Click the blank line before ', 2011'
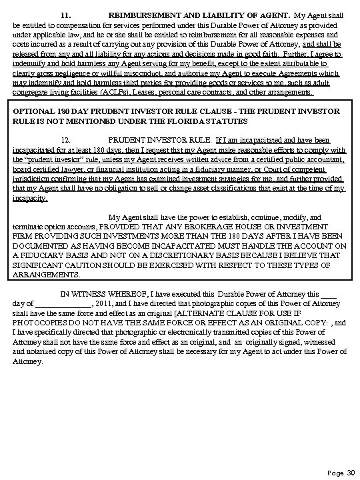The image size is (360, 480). [59, 304]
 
